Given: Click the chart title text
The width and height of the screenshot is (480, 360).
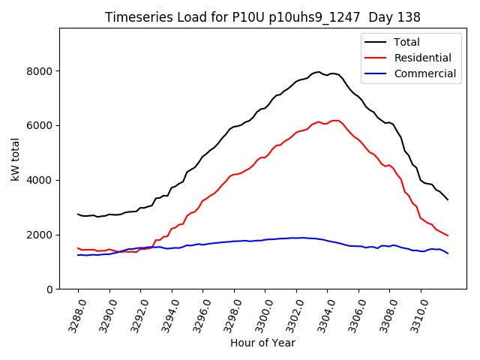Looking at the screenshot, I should pyautogui.click(x=262, y=17).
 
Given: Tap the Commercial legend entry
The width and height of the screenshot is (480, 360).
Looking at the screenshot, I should pyautogui.click(x=425, y=73).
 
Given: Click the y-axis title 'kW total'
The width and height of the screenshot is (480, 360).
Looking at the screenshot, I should pyautogui.click(x=16, y=158).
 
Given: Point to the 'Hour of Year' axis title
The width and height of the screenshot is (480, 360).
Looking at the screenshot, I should pyautogui.click(x=262, y=343).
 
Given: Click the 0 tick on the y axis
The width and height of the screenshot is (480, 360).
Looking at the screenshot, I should pyautogui.click(x=49, y=289).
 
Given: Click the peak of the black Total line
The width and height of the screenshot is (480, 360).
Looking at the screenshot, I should pyautogui.click(x=319, y=72).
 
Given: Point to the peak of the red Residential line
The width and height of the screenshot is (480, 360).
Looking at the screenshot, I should pyautogui.click(x=335, y=120).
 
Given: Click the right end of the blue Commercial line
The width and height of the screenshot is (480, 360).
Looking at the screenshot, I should pyautogui.click(x=448, y=253).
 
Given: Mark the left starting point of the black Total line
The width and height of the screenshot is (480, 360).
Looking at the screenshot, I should pyautogui.click(x=78, y=214).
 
